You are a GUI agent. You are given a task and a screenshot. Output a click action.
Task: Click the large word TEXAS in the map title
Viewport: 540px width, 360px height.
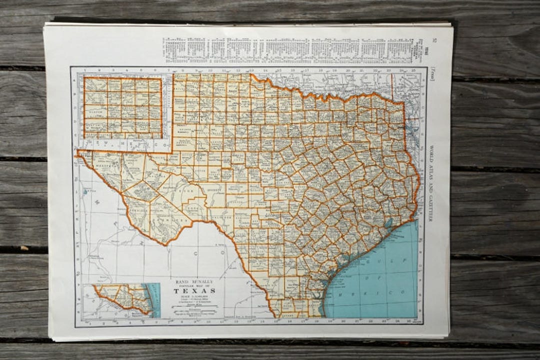pos(195,290)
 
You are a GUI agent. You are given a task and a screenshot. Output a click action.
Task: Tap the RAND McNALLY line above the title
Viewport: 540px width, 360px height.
pos(195,281)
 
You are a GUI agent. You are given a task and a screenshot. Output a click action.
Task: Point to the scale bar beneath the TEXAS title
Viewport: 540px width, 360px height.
pos(194,311)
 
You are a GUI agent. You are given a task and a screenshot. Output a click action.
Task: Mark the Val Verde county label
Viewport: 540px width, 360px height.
pos(220,212)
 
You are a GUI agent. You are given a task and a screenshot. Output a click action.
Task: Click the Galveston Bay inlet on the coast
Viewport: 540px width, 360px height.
pos(389,223)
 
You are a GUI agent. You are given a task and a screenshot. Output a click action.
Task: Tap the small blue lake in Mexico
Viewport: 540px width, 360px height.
pos(86,190)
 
